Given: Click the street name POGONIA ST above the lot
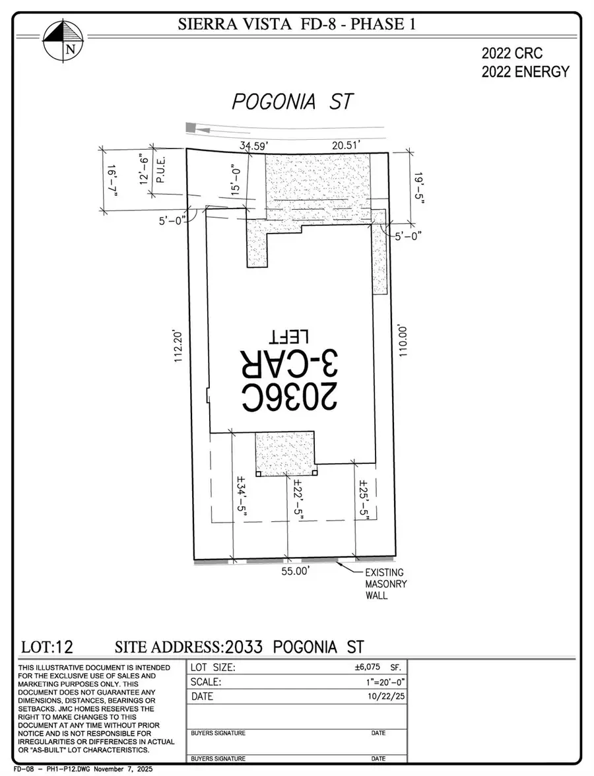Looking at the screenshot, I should (x=292, y=102).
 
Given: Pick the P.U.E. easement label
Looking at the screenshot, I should (x=160, y=171).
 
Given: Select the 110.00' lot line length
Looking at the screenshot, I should (x=403, y=340).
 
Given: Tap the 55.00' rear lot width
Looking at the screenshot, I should (x=294, y=572).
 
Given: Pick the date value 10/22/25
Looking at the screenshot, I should (x=381, y=696).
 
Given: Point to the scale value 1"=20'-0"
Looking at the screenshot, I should (x=378, y=682).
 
